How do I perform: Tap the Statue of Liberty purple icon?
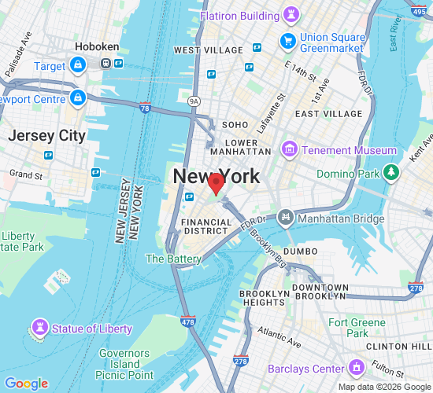click(39, 327)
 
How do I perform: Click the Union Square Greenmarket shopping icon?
click(287, 39)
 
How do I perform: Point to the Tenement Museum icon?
click(291, 149)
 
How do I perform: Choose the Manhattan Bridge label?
click(340, 216)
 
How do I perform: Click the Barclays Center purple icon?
click(357, 367)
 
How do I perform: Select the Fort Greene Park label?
click(357, 328)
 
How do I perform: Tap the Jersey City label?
click(46, 135)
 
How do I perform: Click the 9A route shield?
click(194, 101)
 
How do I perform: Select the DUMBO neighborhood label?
click(300, 252)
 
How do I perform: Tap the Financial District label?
click(207, 227)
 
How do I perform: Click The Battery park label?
click(173, 259)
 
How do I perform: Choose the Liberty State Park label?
click(19, 241)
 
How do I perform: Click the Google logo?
click(26, 384)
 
